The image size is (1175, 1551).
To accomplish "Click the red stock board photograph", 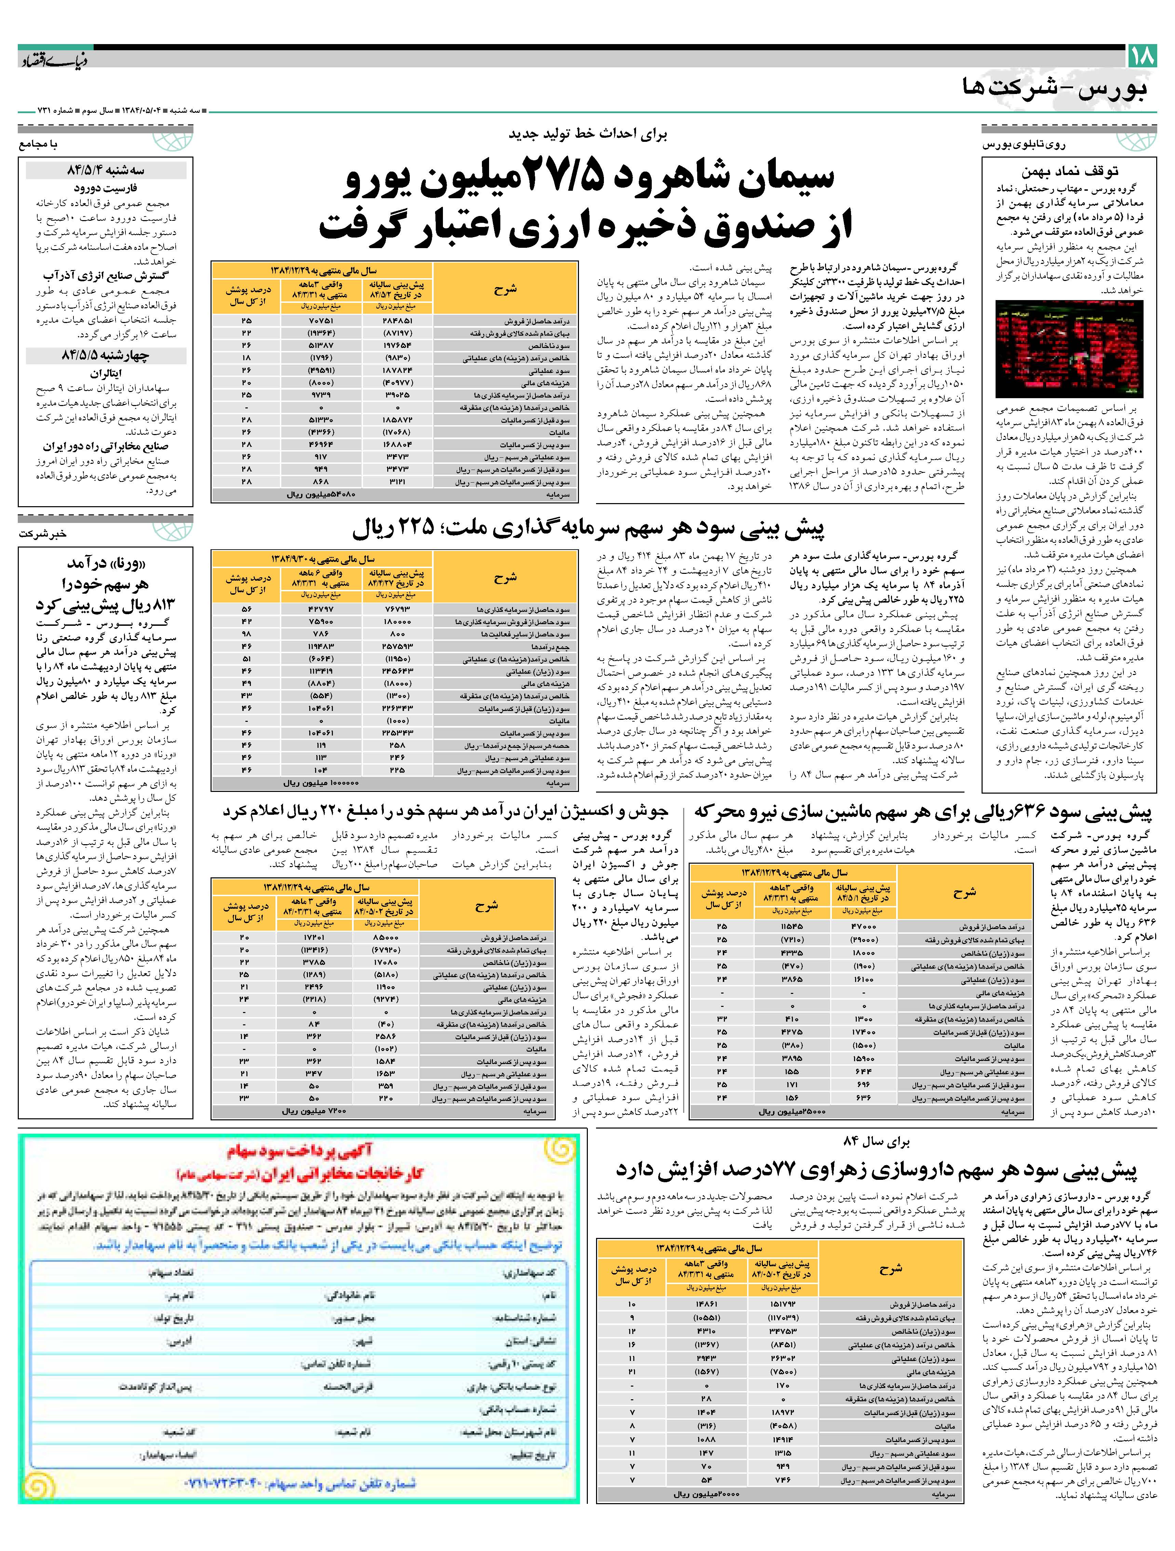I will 1069,349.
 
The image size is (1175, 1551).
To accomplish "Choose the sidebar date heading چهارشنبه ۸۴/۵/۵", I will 105,355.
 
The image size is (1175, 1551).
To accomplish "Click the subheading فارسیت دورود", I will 105,188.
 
